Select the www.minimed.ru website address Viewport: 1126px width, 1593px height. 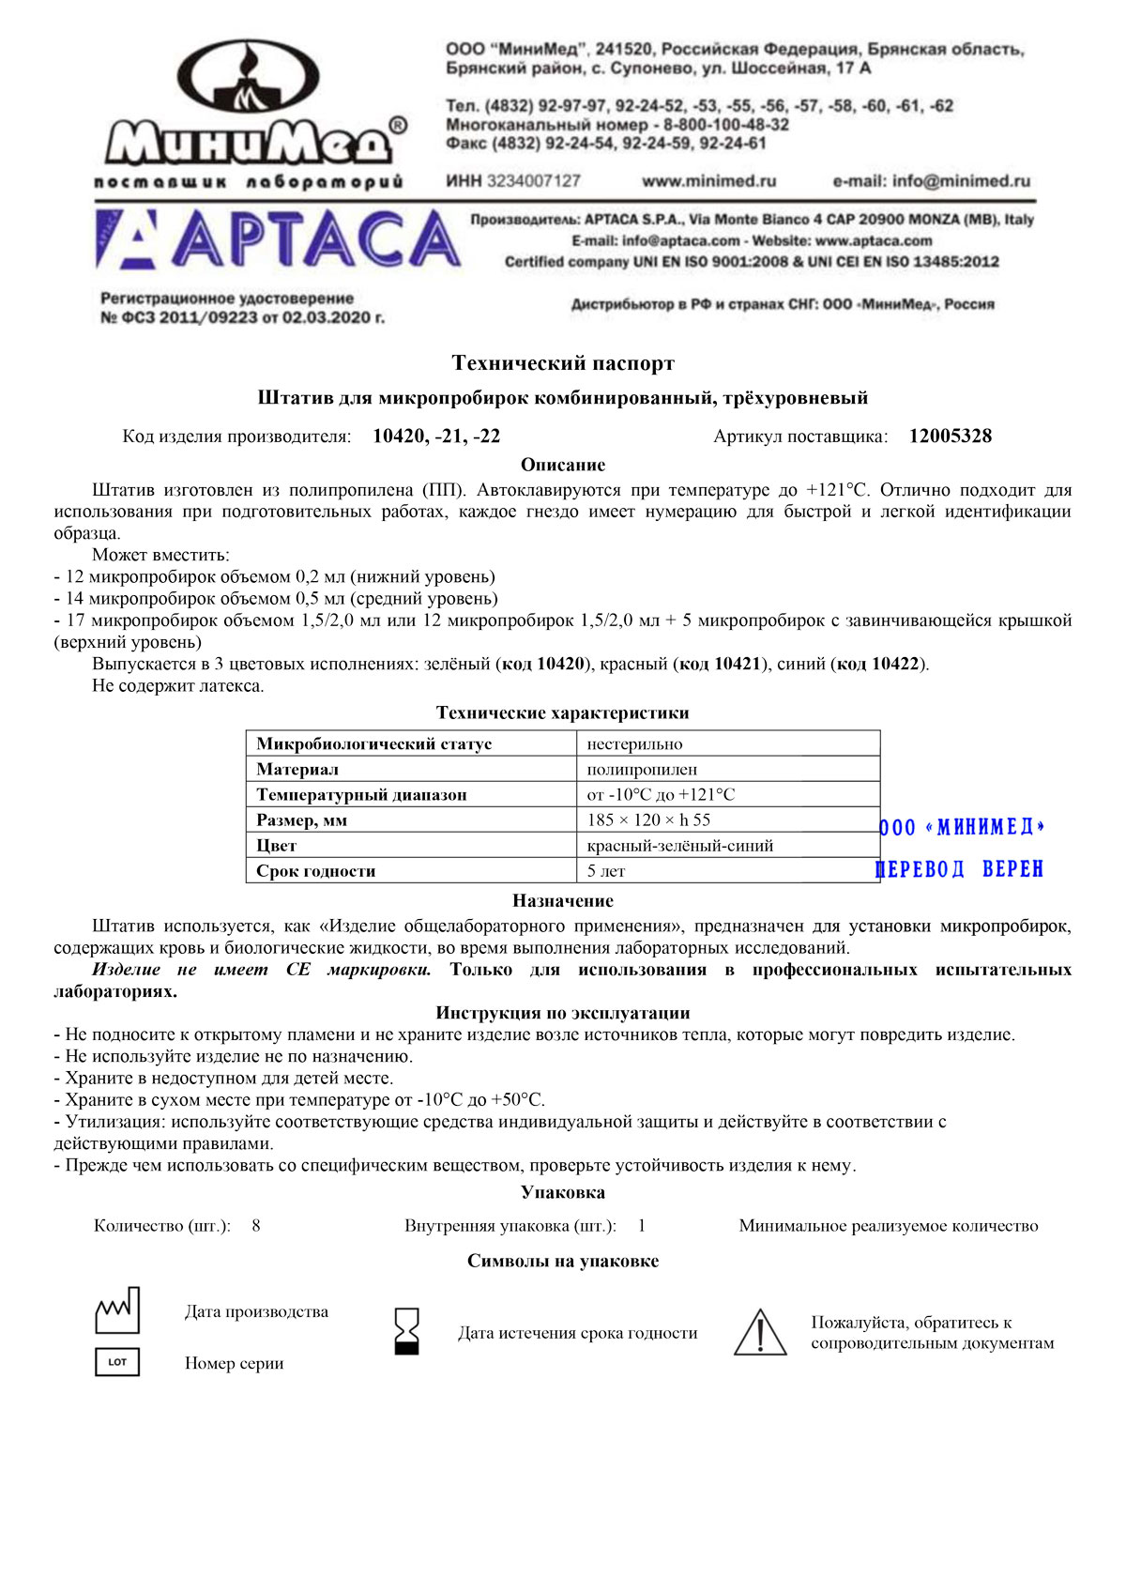point(708,181)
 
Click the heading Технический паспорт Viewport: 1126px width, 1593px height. point(563,363)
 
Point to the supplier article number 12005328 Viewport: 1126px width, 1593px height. point(950,437)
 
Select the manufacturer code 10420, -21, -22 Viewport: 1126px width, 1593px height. point(436,437)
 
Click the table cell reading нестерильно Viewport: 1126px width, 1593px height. point(635,744)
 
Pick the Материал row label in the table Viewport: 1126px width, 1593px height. point(297,770)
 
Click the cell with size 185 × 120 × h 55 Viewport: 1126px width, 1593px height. point(648,820)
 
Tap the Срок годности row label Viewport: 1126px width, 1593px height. point(316,871)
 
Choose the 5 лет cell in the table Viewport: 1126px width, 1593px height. point(606,871)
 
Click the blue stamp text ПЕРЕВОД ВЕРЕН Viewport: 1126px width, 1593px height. point(959,869)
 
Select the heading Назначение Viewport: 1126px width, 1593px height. point(563,901)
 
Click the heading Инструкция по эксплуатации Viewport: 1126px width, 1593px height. point(563,1014)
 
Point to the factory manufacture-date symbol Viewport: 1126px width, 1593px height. point(117,1310)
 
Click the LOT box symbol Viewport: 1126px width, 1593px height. point(117,1362)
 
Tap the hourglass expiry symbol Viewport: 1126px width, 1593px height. point(407,1332)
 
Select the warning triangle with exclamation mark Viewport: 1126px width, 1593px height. point(760,1333)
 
